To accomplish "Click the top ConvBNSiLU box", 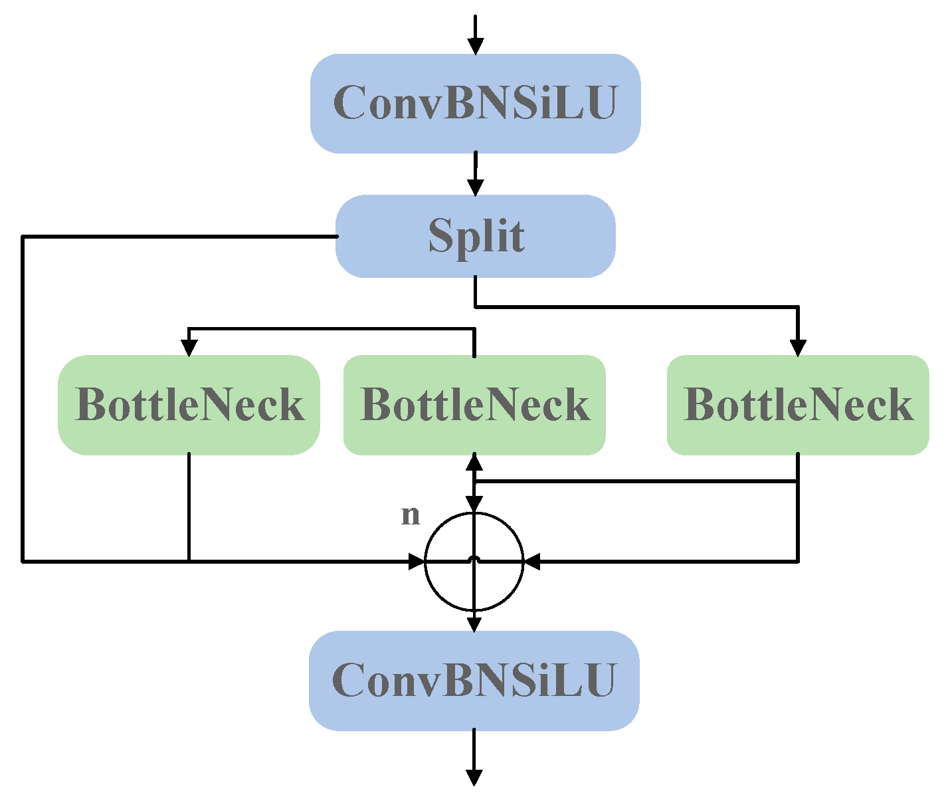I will pyautogui.click(x=475, y=103).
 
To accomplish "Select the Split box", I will pyautogui.click(x=475, y=236).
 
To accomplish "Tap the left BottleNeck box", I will pyautogui.click(x=189, y=405).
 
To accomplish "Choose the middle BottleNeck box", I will pyautogui.click(x=474, y=405).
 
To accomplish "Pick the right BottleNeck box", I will pyautogui.click(x=798, y=405).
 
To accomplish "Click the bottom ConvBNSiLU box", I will pyautogui.click(x=474, y=680).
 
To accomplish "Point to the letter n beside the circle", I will pyautogui.click(x=411, y=515).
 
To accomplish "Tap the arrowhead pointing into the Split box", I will pyautogui.click(x=475, y=187).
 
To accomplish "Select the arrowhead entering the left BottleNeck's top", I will pyautogui.click(x=189, y=348).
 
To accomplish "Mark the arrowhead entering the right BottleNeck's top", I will pyautogui.click(x=798, y=348).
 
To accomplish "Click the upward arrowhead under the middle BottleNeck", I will pyautogui.click(x=474, y=461).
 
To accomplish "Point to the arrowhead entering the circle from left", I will pyautogui.click(x=417, y=562).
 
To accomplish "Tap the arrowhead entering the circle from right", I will pyautogui.click(x=532, y=562).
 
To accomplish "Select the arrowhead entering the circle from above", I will pyautogui.click(x=474, y=504).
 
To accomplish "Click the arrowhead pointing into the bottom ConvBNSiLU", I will pyautogui.click(x=474, y=624).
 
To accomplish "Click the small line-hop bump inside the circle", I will pyautogui.click(x=474, y=559).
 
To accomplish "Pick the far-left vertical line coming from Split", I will pyautogui.click(x=23, y=399).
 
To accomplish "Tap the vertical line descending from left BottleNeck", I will pyautogui.click(x=189, y=507).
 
